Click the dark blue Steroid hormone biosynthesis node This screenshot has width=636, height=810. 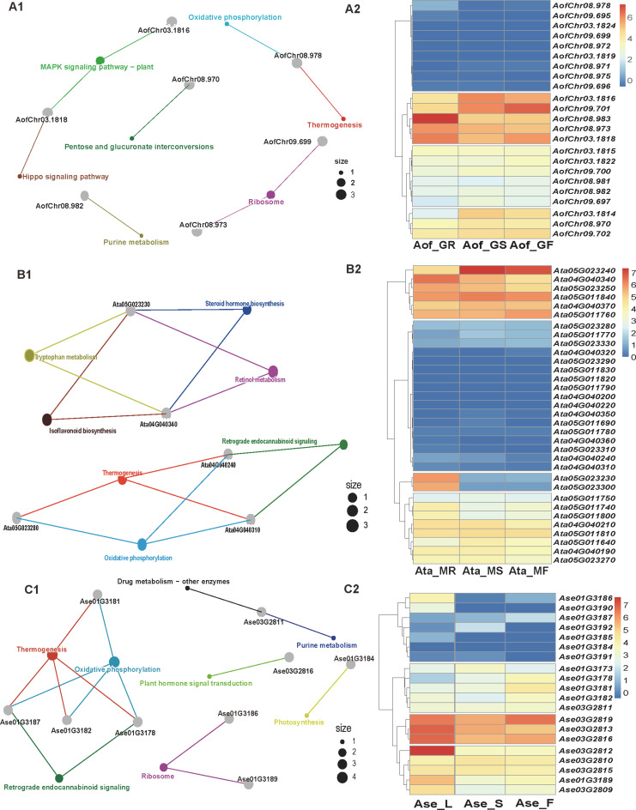pos(247,310)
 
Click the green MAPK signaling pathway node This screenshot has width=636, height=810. pos(100,59)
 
